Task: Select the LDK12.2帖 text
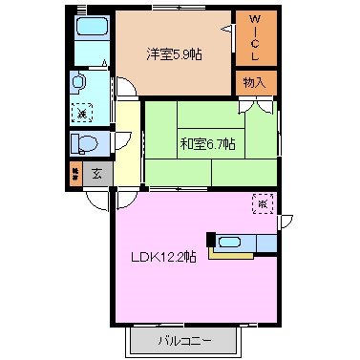coord(163,256)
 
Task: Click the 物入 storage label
coord(256,83)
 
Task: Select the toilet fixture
coord(85,144)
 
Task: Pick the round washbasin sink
coord(79,84)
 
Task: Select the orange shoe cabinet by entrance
coord(74,175)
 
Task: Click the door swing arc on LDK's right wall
coord(285,222)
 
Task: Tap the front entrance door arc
coord(95,198)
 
